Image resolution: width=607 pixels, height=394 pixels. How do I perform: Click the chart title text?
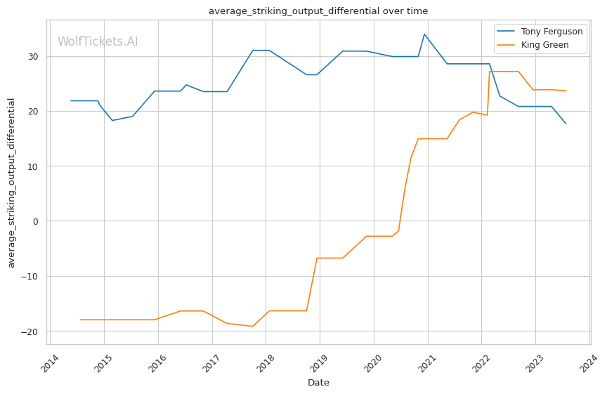tap(318, 11)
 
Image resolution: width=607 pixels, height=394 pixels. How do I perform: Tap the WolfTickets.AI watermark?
tap(98, 42)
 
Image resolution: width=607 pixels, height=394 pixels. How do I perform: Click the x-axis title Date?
tap(318, 383)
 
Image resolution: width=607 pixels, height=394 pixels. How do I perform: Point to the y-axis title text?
tap(11, 182)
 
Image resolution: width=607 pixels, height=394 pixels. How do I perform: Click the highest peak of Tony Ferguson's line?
tap(424, 34)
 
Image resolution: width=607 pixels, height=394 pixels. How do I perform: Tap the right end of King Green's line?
tap(566, 91)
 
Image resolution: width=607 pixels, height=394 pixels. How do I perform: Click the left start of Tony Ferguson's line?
tap(71, 100)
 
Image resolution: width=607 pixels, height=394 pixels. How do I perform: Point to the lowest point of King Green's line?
tap(253, 326)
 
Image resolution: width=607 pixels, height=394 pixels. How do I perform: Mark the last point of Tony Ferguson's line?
tap(566, 124)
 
